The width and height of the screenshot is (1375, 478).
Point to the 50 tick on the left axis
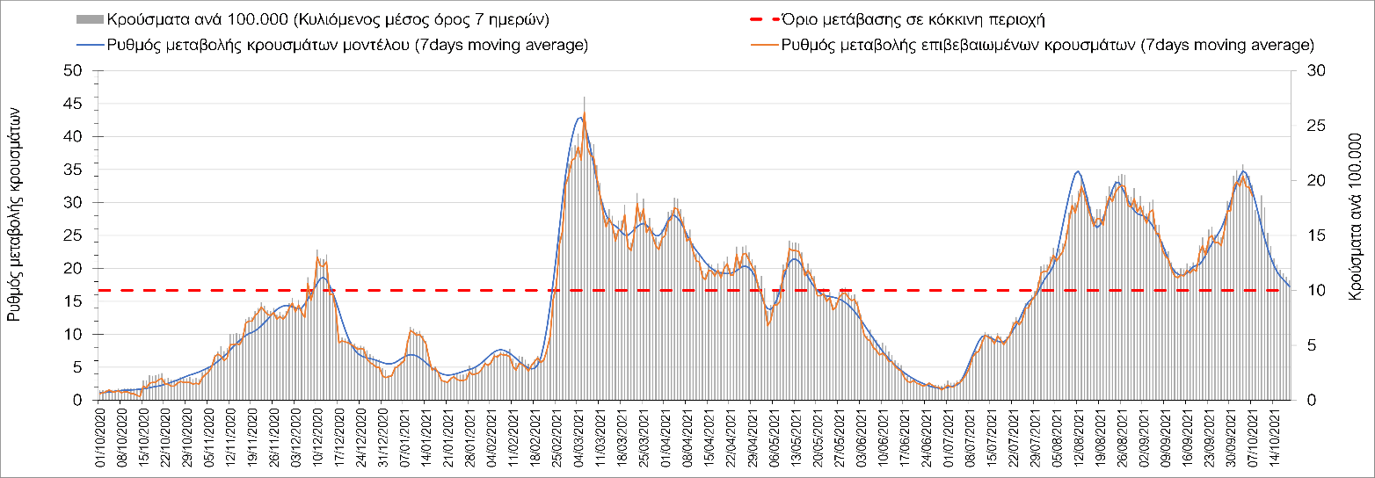[74, 71]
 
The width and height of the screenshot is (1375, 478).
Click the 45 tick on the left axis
[74, 104]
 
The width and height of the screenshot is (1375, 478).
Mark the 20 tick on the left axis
[74, 269]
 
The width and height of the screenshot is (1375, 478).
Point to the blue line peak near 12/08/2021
[1078, 171]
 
